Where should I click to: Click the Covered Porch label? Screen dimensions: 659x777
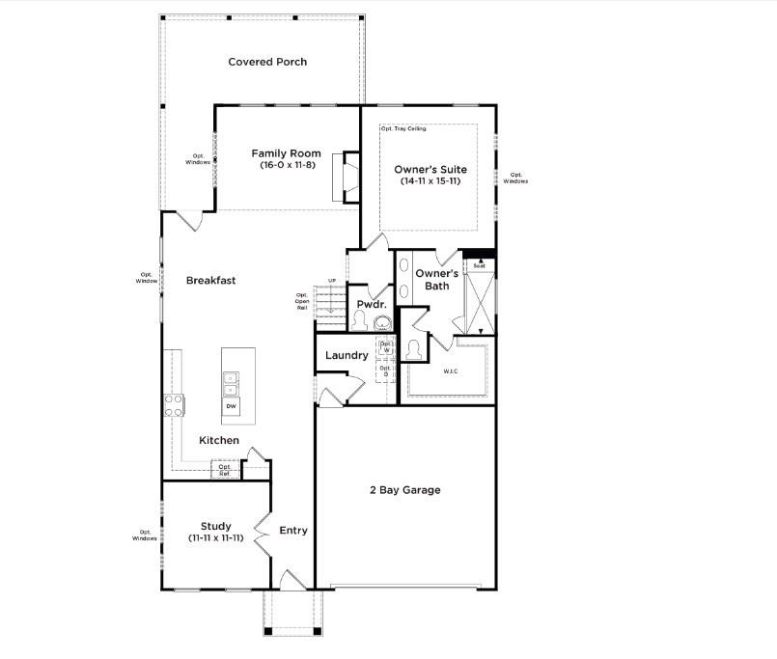267,62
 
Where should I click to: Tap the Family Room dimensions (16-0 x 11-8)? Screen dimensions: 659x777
287,165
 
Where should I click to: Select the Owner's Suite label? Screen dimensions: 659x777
430,170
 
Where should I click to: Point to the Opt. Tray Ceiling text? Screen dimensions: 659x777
402,128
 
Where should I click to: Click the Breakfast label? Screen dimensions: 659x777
211,281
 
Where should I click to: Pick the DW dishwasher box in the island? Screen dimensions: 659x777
232,407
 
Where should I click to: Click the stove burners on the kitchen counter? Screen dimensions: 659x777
175,405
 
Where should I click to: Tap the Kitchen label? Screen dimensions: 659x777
219,440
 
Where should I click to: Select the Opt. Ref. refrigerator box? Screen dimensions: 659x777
224,470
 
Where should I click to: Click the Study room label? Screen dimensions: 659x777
216,526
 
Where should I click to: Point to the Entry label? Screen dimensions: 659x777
293,530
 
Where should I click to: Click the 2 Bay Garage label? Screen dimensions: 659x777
404,490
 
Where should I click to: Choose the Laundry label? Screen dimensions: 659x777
347,355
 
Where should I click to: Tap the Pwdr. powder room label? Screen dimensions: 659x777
372,304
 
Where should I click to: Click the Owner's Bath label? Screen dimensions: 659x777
432,279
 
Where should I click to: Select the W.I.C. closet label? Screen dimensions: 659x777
451,371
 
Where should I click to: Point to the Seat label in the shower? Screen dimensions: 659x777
479,265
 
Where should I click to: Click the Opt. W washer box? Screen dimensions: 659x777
386,347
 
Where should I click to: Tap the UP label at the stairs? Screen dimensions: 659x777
333,281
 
